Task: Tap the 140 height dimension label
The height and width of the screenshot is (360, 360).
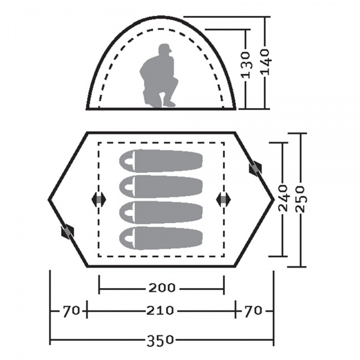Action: coord(266,62)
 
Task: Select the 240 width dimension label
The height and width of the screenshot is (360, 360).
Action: coord(283,197)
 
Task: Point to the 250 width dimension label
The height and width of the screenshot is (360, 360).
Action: coord(301,199)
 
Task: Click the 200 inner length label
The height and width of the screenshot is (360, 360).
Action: coord(162,287)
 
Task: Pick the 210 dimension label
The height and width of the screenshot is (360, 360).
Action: coord(160,311)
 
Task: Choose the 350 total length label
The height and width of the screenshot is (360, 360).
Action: coord(160,340)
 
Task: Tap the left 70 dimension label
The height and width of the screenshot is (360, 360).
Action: coord(71,311)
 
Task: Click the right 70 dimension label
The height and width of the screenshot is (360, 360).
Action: coord(253,311)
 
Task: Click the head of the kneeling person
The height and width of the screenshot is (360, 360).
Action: coord(165,50)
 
